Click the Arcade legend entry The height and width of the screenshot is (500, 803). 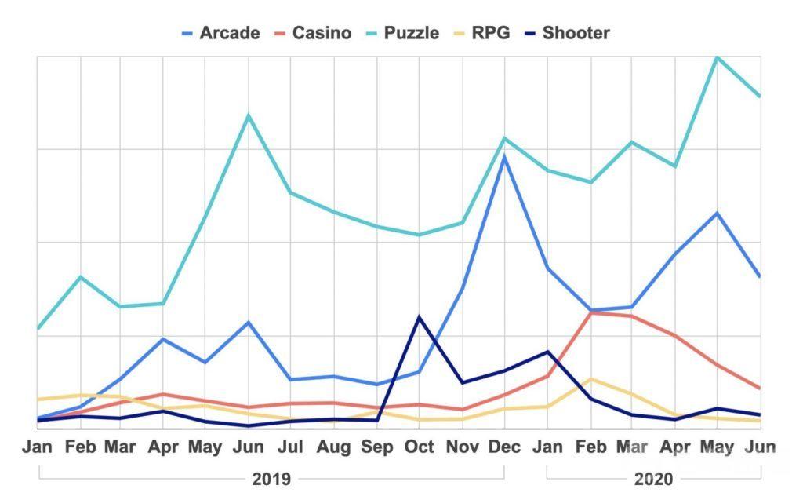tap(220, 33)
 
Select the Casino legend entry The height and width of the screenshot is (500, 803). tap(313, 33)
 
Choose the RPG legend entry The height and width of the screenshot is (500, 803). tap(482, 33)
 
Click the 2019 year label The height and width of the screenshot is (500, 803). tap(271, 479)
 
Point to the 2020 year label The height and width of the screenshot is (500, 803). tap(654, 479)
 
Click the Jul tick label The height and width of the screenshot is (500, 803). tap(291, 447)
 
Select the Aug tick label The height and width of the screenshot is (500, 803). tap(334, 447)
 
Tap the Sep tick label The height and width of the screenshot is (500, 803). tap(376, 447)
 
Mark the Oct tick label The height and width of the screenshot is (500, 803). tap(419, 447)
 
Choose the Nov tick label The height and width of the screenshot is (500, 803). tap(461, 447)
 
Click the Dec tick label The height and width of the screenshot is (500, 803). tap(504, 447)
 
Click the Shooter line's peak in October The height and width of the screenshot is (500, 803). tap(419, 317)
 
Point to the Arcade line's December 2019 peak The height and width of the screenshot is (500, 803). tap(504, 156)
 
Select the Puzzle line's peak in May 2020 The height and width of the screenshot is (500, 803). tap(717, 57)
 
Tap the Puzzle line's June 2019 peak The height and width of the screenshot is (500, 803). tap(249, 115)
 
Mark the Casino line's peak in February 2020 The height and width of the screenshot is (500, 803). tap(590, 312)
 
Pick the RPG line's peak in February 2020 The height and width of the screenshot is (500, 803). tap(590, 379)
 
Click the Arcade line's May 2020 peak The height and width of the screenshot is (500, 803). tap(717, 213)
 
